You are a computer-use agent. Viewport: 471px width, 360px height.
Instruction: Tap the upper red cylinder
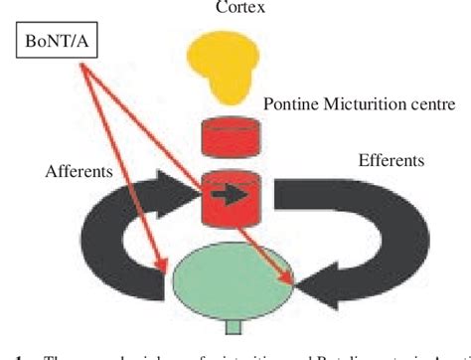[x=229, y=138]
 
